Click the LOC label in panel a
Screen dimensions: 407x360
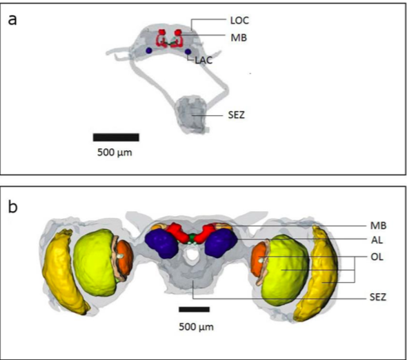point(239,21)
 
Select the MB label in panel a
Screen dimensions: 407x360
point(239,38)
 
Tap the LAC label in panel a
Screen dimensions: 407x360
point(203,60)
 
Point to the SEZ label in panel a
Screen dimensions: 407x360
point(236,114)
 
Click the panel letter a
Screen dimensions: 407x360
point(12,20)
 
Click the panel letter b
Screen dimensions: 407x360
point(13,207)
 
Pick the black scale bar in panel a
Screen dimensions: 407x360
point(116,137)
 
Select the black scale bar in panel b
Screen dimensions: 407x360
point(194,309)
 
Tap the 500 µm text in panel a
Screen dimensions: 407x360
point(115,152)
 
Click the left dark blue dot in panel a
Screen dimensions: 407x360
point(149,50)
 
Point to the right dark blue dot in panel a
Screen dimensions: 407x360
point(188,52)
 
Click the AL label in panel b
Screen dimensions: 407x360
point(377,240)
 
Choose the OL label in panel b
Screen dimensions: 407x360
point(377,257)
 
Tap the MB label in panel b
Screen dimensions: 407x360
point(378,226)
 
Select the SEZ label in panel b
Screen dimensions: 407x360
point(378,297)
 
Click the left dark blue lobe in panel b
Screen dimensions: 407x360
point(161,243)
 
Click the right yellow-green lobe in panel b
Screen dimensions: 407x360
point(285,270)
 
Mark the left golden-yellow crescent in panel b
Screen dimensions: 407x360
point(64,271)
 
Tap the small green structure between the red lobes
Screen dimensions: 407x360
point(192,237)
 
